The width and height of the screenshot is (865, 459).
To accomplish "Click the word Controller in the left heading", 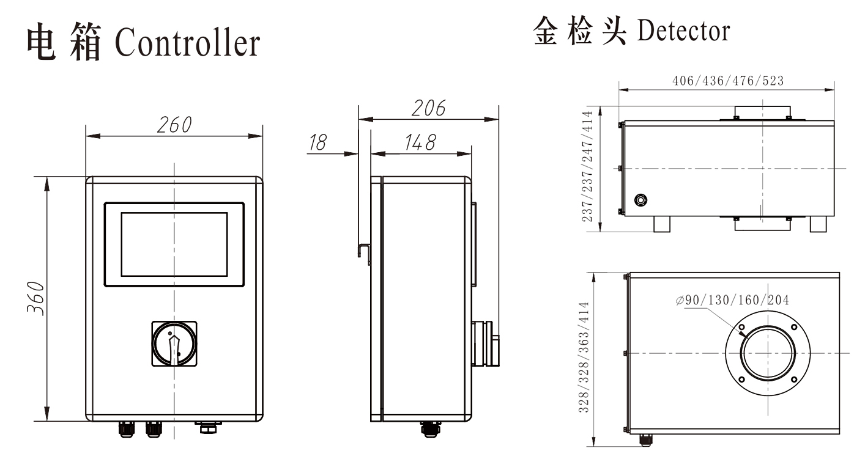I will (187, 42).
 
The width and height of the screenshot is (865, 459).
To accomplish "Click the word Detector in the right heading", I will (683, 31).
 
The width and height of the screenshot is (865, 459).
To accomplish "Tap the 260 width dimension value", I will (174, 125).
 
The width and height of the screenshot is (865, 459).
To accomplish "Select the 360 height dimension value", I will (35, 298).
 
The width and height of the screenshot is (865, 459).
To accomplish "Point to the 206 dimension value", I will (428, 108).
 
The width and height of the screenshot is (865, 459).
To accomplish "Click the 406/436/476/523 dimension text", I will (728, 81).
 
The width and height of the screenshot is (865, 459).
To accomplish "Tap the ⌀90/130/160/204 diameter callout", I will (733, 300).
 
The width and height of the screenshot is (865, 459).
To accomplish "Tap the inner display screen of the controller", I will (174, 244).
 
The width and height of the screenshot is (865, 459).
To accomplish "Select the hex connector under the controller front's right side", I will (207, 427).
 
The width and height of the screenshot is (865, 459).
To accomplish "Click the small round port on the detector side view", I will (640, 200).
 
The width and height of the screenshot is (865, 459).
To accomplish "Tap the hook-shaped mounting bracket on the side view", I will (363, 252).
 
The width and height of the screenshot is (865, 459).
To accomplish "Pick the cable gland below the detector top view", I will (645, 439).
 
